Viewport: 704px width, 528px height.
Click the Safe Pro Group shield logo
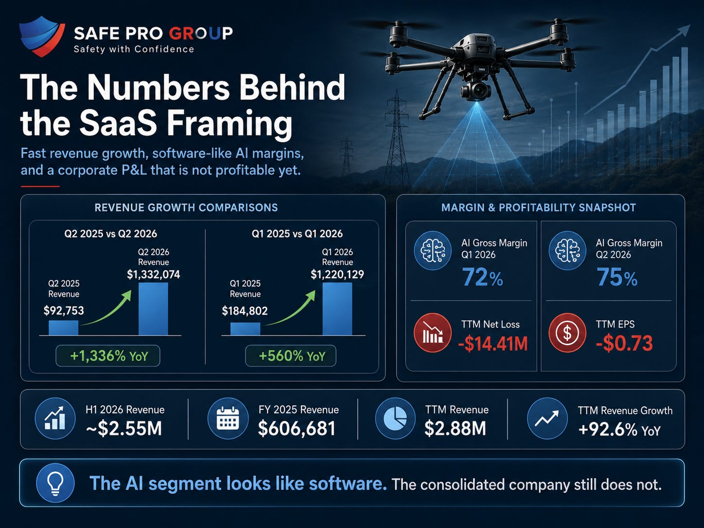pyautogui.click(x=42, y=36)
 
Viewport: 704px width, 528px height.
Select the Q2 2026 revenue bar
pyautogui.click(x=153, y=309)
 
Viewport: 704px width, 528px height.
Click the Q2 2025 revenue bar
pyautogui.click(x=64, y=328)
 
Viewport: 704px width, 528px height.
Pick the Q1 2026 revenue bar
pyautogui.click(x=337, y=309)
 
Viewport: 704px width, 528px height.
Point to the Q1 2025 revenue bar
pyautogui.click(x=245, y=329)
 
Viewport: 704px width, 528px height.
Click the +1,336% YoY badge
pyautogui.click(x=108, y=355)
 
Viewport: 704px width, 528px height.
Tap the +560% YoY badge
pyautogui.click(x=291, y=355)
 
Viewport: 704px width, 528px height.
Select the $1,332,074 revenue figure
pyautogui.click(x=153, y=274)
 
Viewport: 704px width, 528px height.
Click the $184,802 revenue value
pyautogui.click(x=245, y=311)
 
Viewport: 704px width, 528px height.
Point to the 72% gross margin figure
pyautogui.click(x=482, y=277)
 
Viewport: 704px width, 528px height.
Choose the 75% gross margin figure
pyautogui.click(x=617, y=277)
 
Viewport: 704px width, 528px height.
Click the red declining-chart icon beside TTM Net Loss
pyautogui.click(x=433, y=333)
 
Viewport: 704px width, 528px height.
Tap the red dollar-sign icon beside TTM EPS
pyautogui.click(x=567, y=333)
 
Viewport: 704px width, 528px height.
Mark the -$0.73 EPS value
pyautogui.click(x=624, y=343)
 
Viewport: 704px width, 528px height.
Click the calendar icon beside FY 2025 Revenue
pyautogui.click(x=228, y=418)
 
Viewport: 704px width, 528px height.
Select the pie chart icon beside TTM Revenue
pyautogui.click(x=395, y=418)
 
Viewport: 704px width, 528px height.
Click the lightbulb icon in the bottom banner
pyautogui.click(x=55, y=483)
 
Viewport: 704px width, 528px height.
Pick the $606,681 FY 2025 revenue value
pyautogui.click(x=297, y=428)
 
